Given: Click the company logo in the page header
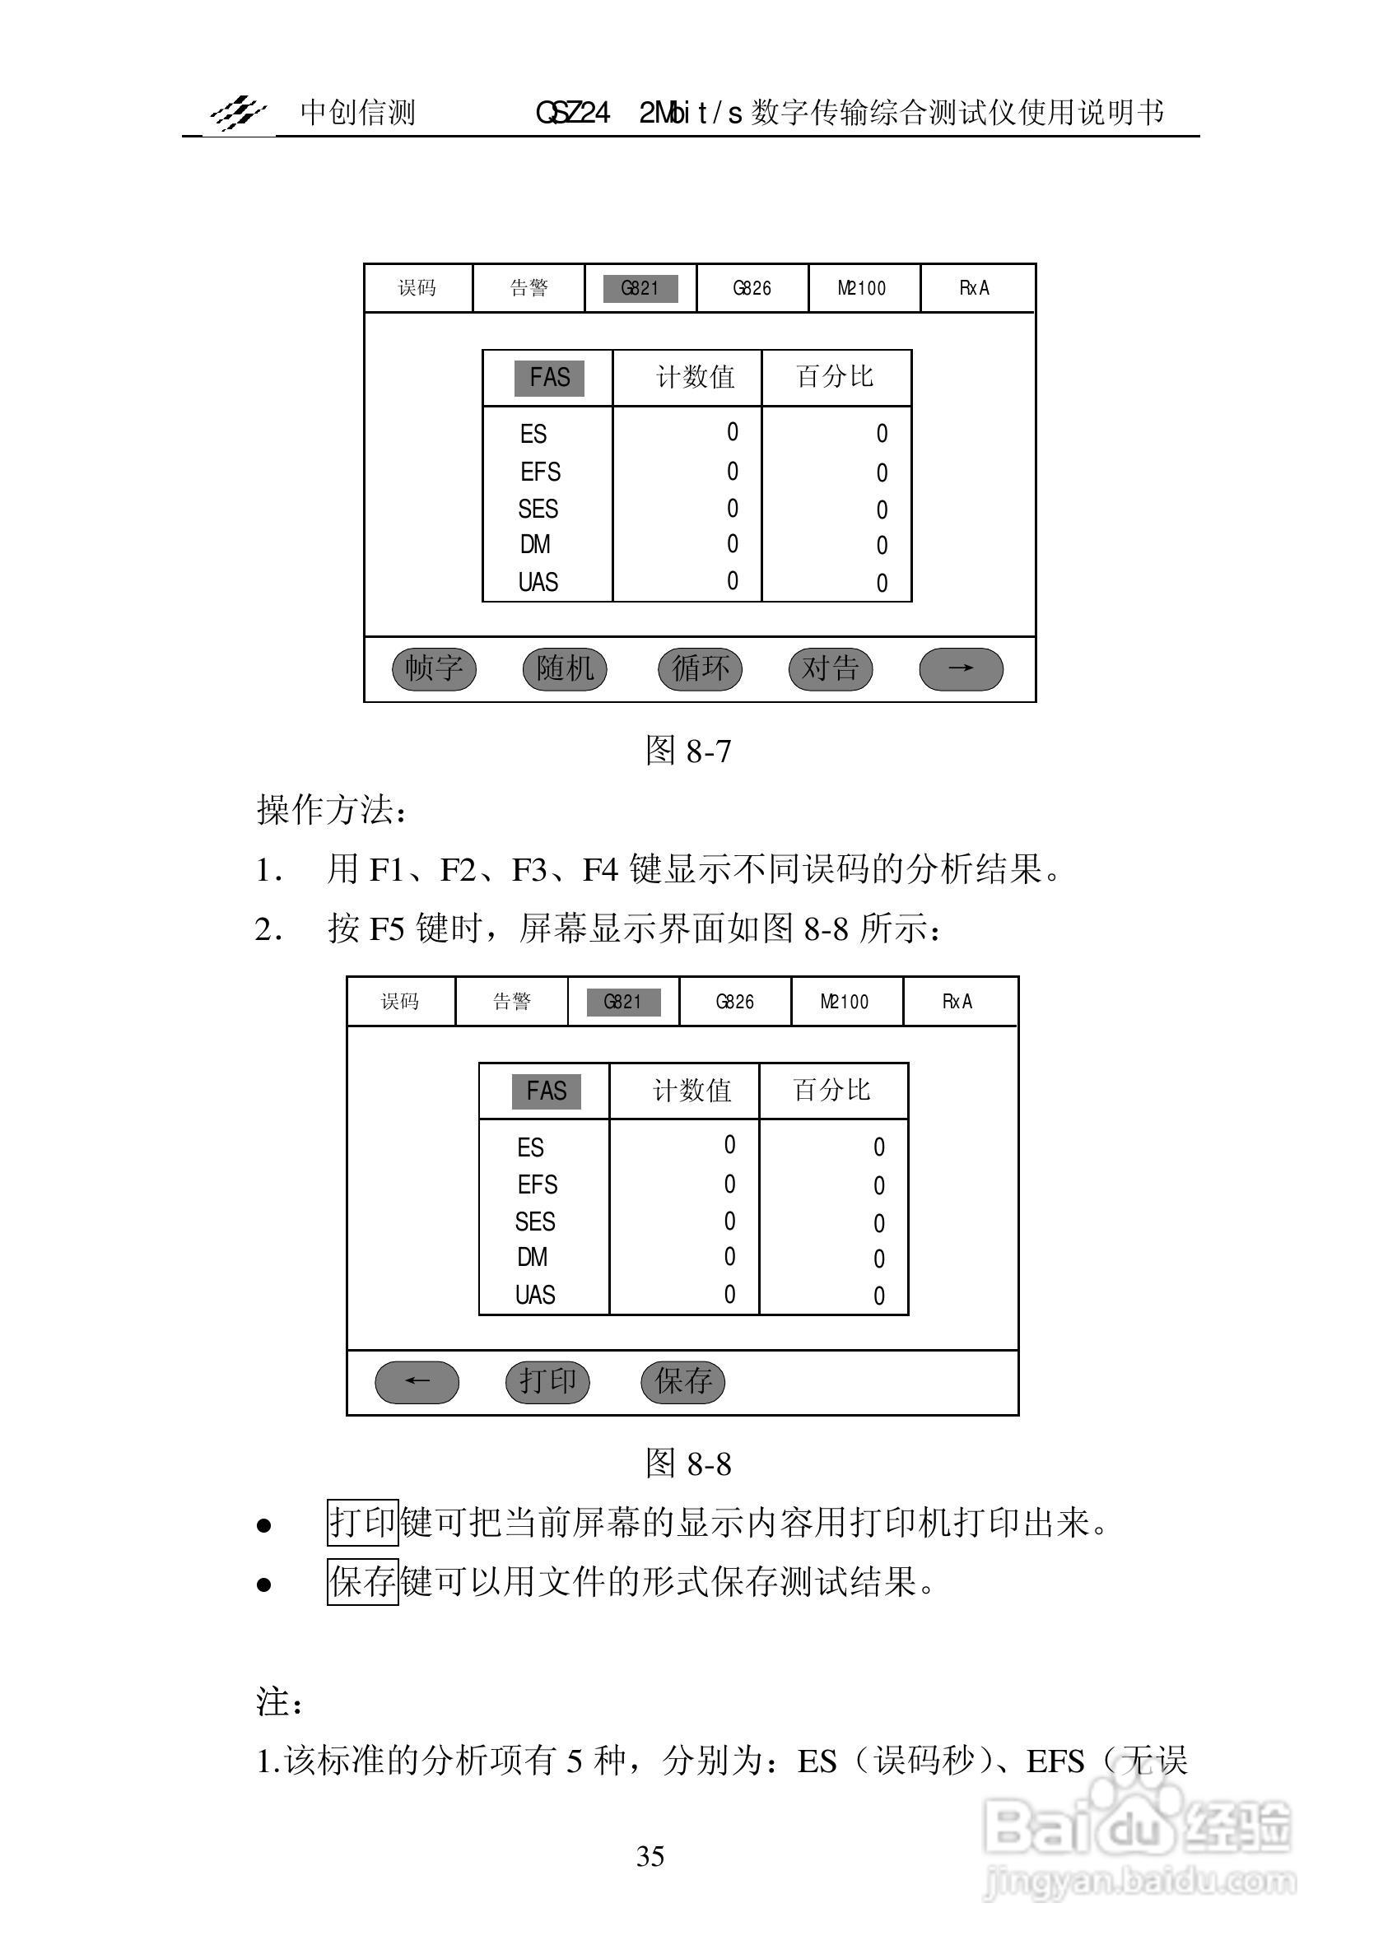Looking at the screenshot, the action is (x=239, y=112).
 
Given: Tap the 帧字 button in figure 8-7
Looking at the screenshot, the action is (x=433, y=668).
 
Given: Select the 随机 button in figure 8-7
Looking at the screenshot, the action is (x=565, y=668).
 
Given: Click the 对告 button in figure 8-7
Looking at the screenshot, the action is (x=830, y=668).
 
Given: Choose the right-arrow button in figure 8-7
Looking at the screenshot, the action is (x=961, y=668).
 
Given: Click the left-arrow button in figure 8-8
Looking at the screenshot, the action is (x=417, y=1381).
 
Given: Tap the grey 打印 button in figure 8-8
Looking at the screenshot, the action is (x=547, y=1381).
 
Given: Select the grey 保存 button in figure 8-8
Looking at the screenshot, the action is (x=682, y=1381).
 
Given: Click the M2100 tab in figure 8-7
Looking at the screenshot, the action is (x=863, y=288).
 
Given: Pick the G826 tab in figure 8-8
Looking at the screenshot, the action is (x=734, y=1002).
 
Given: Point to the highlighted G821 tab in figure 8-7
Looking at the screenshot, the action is (x=640, y=288).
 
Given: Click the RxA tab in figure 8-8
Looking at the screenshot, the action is (x=957, y=1002).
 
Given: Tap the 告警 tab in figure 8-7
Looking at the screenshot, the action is (x=529, y=288).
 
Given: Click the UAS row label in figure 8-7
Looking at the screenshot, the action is (x=538, y=583).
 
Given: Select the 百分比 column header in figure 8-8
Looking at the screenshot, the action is (x=831, y=1091).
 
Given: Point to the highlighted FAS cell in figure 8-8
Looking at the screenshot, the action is (x=546, y=1091).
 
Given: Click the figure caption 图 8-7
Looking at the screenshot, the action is (x=688, y=751).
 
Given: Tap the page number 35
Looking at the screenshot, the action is (x=650, y=1856).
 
